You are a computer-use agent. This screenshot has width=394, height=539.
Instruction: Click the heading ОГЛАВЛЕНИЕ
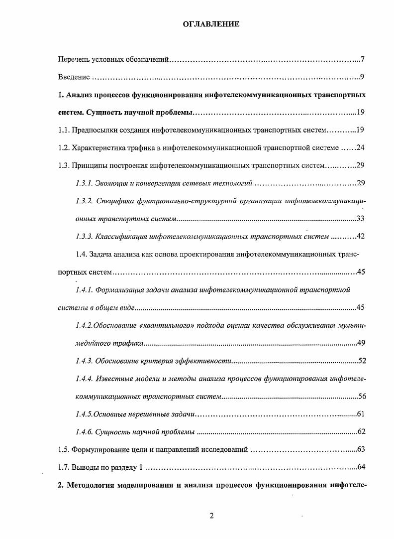pyautogui.click(x=211, y=23)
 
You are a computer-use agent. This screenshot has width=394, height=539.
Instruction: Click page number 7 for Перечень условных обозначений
pyautogui.click(x=363, y=60)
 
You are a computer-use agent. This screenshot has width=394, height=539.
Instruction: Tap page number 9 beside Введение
pyautogui.click(x=363, y=77)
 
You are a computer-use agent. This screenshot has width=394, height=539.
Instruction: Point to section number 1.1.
pyautogui.click(x=63, y=130)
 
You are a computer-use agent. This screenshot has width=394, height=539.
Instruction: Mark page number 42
pyautogui.click(x=362, y=236)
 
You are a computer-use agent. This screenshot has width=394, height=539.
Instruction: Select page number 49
pyautogui.click(x=362, y=343)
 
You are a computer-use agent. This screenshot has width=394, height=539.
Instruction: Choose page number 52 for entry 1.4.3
pyautogui.click(x=362, y=361)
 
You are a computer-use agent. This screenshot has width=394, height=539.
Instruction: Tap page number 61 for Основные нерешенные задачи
pyautogui.click(x=362, y=414)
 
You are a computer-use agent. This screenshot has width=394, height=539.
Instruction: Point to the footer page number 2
pyautogui.click(x=211, y=516)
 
